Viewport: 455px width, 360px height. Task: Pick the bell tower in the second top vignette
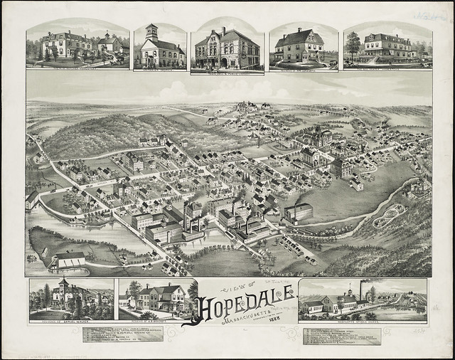151,33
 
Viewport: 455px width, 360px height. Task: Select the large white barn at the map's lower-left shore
70,260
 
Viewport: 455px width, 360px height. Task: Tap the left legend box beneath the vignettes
117,335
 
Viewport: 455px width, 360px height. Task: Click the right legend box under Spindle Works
341,335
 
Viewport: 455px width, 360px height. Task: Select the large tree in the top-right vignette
353,44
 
